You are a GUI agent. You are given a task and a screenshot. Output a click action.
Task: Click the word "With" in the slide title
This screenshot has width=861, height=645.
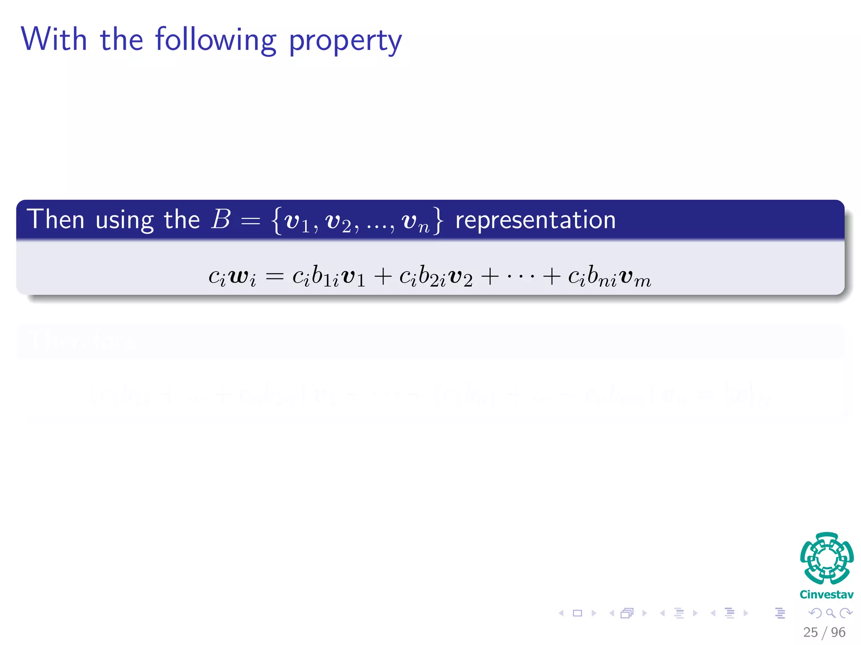pyautogui.click(x=54, y=39)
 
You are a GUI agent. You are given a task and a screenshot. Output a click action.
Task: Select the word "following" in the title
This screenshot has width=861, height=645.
pyautogui.click(x=216, y=40)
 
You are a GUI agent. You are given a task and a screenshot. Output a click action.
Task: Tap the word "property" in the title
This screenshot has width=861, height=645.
pyautogui.click(x=345, y=41)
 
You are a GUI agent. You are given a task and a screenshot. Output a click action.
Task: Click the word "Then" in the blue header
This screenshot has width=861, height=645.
pyautogui.click(x=55, y=220)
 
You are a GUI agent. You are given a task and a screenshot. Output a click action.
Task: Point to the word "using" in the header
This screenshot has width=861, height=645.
pyautogui.click(x=124, y=221)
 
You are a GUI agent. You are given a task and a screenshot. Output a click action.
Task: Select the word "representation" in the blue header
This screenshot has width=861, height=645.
pyautogui.click(x=536, y=220)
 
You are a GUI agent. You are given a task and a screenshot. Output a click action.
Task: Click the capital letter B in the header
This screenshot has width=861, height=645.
pyautogui.click(x=221, y=220)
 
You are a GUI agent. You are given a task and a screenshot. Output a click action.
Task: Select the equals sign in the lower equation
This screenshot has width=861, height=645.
pyautogui.click(x=275, y=277)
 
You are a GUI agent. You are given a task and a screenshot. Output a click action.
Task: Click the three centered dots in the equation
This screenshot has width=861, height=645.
pyautogui.click(x=520, y=277)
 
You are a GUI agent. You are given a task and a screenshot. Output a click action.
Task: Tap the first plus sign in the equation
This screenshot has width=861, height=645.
pyautogui.click(x=383, y=277)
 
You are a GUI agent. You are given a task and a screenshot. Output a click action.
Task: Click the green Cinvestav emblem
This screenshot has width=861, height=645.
pyautogui.click(x=827, y=558)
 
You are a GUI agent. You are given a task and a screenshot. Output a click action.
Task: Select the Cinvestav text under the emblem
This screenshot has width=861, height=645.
pyautogui.click(x=827, y=595)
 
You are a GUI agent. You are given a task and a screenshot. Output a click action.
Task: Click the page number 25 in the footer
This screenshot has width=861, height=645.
pyautogui.click(x=810, y=632)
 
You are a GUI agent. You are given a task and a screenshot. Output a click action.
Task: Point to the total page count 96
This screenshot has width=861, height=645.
pyautogui.click(x=838, y=632)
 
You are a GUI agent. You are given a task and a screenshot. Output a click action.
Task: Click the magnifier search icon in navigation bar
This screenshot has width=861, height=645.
pyautogui.click(x=831, y=613)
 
